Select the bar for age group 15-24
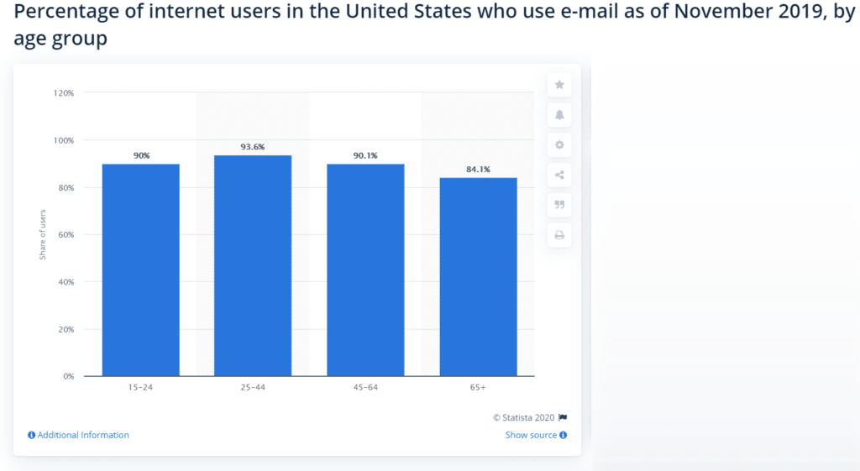click(x=140, y=270)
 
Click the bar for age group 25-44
click(x=253, y=265)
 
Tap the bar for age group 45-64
click(x=365, y=270)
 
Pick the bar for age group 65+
click(x=478, y=276)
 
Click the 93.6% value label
click(x=253, y=147)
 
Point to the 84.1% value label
click(x=478, y=170)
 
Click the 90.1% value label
click(x=365, y=155)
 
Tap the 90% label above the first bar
click(x=140, y=155)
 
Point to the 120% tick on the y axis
click(x=64, y=93)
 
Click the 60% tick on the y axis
click(x=66, y=235)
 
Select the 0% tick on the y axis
click(x=68, y=377)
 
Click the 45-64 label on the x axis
click(x=365, y=388)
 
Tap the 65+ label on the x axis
click(x=478, y=388)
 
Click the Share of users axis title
click(x=43, y=234)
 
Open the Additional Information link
click(x=82, y=435)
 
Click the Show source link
click(x=531, y=435)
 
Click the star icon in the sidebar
click(x=559, y=85)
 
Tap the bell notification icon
click(x=559, y=115)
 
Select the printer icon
click(x=559, y=236)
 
